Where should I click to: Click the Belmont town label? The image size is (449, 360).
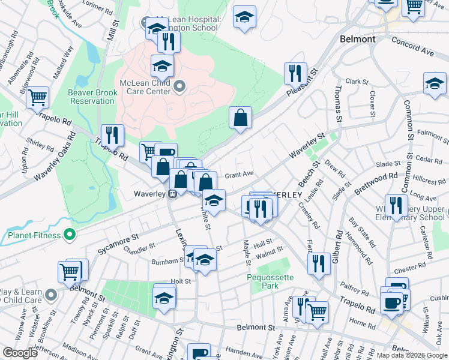[357, 39]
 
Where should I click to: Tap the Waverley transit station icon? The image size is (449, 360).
[172, 193]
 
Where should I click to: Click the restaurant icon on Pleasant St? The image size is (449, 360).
[295, 74]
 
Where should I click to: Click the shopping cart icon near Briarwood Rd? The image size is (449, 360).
[38, 97]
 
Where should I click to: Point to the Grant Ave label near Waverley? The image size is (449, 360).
[239, 175]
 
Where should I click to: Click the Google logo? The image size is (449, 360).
[20, 353]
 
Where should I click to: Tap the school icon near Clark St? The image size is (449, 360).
[434, 83]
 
